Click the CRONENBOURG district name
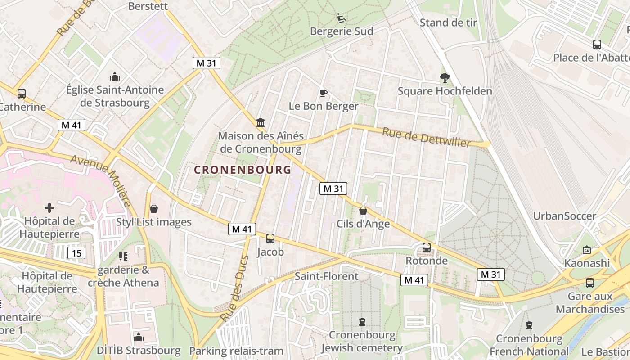(243, 170)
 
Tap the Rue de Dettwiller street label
(426, 137)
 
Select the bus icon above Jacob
(270, 238)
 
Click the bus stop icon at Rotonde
(426, 247)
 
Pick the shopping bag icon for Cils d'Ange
(363, 210)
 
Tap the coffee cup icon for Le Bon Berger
(323, 93)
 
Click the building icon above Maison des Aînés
(260, 122)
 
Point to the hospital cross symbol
(49, 207)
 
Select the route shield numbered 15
(76, 253)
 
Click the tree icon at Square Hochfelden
(445, 78)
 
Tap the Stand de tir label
(448, 22)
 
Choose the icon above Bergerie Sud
(342, 18)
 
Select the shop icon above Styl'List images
(154, 209)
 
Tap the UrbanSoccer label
(564, 216)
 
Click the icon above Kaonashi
(587, 250)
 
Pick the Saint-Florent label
(326, 276)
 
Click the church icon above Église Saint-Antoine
(115, 76)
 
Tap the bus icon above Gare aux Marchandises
(589, 283)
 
